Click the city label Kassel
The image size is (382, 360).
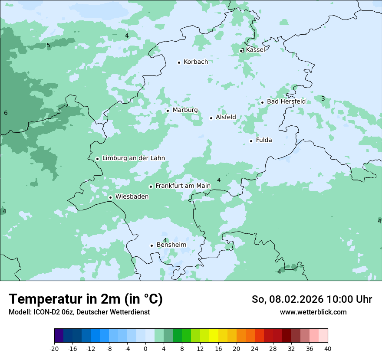coord(255,50)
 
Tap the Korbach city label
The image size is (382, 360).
coord(195,62)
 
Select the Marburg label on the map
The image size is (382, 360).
coord(185,110)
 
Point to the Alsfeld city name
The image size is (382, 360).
coord(226,118)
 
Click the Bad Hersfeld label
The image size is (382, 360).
coord(286,101)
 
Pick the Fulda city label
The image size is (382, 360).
coord(264,140)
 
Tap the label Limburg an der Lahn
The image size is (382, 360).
coord(133,158)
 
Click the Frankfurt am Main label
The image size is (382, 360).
coord(183,186)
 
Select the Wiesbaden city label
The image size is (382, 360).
coord(132,197)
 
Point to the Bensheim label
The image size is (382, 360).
coord(171,245)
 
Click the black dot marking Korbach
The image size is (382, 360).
coord(179,62)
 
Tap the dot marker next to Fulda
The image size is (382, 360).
coord(251,141)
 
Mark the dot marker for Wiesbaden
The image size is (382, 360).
coord(110,197)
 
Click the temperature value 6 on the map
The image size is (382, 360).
coord(6,113)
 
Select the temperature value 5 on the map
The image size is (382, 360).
coord(48,46)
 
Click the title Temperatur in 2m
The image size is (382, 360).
coord(86,299)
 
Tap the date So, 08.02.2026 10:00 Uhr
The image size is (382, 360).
coord(312,300)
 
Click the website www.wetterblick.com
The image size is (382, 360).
coord(313,312)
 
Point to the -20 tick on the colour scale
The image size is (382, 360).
coord(54,349)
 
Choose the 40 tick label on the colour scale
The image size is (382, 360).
coord(328,349)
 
